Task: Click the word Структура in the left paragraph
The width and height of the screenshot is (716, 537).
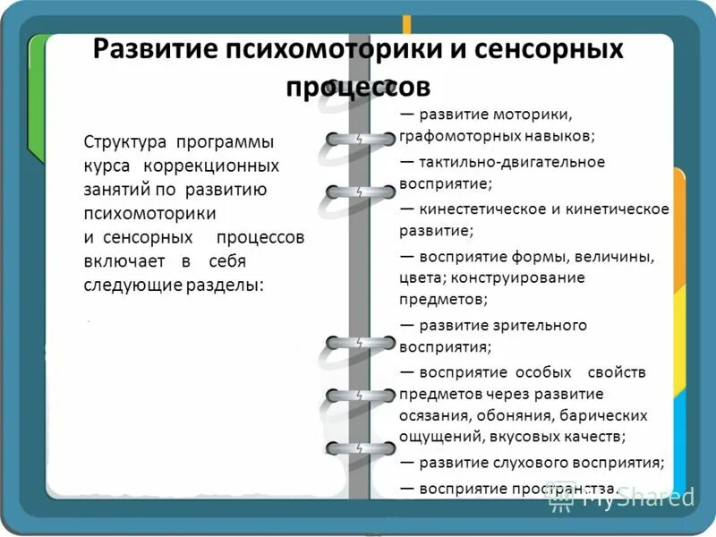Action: (x=125, y=143)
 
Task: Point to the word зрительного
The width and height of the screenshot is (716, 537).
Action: (x=543, y=325)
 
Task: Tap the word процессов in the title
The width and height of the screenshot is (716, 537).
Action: (x=358, y=87)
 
